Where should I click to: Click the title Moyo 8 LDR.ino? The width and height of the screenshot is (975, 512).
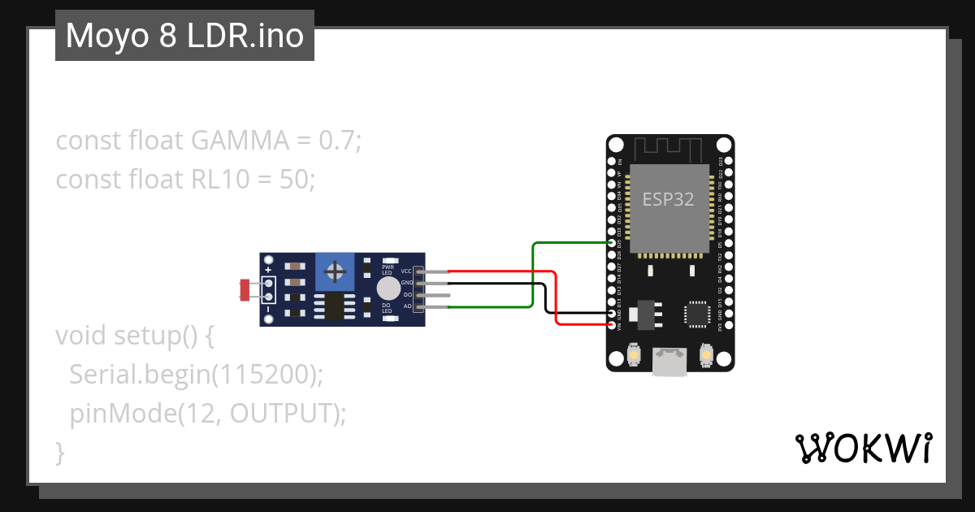click(184, 36)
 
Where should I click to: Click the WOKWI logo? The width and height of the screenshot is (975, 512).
click(862, 448)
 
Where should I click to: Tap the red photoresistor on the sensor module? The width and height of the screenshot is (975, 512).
click(245, 289)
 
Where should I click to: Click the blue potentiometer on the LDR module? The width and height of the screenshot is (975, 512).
click(333, 271)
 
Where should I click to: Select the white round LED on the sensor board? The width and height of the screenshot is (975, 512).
click(388, 289)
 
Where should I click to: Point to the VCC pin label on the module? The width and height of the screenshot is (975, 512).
click(406, 271)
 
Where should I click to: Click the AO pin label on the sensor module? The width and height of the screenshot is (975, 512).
click(407, 306)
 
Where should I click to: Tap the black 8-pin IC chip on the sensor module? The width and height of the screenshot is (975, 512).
click(333, 307)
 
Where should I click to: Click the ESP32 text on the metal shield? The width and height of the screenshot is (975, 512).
click(668, 199)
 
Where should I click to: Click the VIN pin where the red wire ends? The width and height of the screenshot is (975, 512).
click(612, 324)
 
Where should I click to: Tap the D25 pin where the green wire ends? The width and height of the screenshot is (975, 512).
click(612, 243)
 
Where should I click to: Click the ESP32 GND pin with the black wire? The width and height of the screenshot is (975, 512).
click(612, 313)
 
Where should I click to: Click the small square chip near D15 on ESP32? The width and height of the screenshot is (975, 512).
click(697, 314)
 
